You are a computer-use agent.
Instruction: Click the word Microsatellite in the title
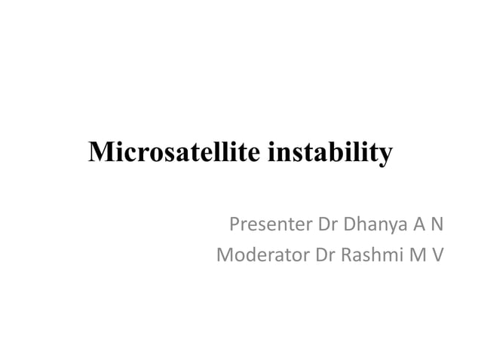coord(175,151)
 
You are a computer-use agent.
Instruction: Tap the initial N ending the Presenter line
coord(435,224)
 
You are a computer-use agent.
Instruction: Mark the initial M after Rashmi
coord(416,255)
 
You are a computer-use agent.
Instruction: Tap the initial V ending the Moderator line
coord(437,255)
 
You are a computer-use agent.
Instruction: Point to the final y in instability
coord(385,154)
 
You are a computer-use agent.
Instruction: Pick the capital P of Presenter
coord(234,224)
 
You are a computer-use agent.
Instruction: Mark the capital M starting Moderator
coord(224,255)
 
